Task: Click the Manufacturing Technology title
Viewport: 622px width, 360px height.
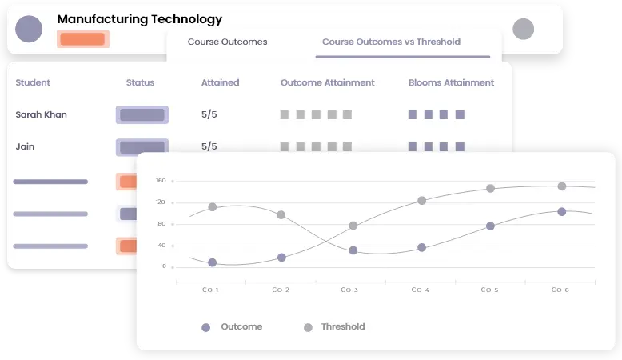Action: click(139, 19)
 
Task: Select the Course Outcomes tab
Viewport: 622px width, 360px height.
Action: click(227, 42)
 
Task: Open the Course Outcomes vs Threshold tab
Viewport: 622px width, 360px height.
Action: click(391, 42)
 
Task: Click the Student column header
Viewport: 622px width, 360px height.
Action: click(33, 82)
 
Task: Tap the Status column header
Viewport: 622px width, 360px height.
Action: click(140, 82)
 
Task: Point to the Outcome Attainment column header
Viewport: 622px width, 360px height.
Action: click(327, 82)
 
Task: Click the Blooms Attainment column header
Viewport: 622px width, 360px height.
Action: click(451, 82)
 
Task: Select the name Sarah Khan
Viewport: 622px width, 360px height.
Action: click(41, 114)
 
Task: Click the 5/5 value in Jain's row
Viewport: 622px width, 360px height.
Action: click(209, 146)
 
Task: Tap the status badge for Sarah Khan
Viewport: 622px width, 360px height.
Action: click(142, 114)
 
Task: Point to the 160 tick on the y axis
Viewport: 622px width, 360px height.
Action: click(161, 181)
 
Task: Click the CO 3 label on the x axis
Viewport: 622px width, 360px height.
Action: click(350, 290)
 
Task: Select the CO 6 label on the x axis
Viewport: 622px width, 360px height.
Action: click(560, 290)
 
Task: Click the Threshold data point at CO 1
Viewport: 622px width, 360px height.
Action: click(213, 207)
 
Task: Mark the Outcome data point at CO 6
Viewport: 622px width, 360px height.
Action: click(561, 212)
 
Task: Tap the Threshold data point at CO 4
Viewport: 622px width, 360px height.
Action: click(421, 201)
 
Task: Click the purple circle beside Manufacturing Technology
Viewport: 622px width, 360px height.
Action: click(30, 30)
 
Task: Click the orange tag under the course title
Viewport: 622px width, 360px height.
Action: click(83, 38)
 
